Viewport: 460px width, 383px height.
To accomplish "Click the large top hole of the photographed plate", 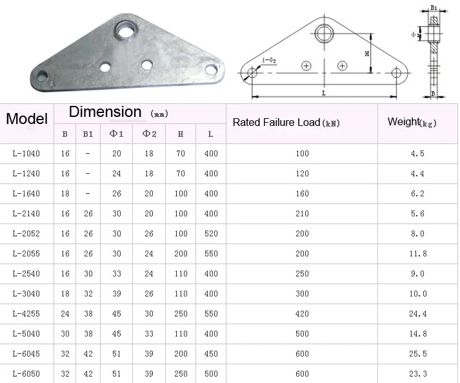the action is coord(126,30).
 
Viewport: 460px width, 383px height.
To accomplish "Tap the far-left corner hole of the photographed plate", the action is coord(42,76).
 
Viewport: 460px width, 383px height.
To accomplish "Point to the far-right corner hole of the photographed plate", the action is coord(211,69).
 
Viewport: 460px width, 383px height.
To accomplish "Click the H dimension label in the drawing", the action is coord(366,54).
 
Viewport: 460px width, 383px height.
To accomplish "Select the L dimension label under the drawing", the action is coord(324,93).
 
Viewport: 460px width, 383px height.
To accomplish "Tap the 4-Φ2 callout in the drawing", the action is coord(269,61).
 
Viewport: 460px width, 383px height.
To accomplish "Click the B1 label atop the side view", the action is coord(434,8).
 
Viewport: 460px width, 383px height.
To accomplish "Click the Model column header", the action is coord(26,119).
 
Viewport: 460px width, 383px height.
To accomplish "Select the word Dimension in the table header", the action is coord(105,112).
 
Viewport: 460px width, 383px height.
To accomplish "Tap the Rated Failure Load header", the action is coord(286,123).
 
